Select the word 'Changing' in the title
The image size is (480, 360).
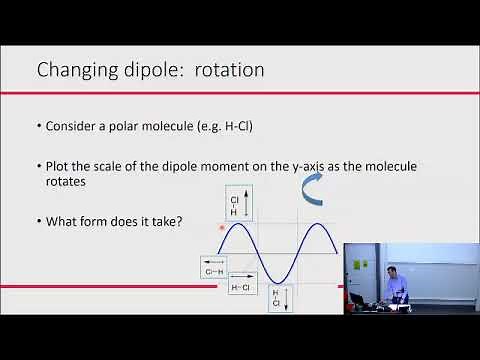[x=75, y=70]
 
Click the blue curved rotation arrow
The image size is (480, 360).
[x=312, y=187]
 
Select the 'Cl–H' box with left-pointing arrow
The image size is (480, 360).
[x=214, y=267]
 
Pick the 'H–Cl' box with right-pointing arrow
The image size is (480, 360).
[x=242, y=284]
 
